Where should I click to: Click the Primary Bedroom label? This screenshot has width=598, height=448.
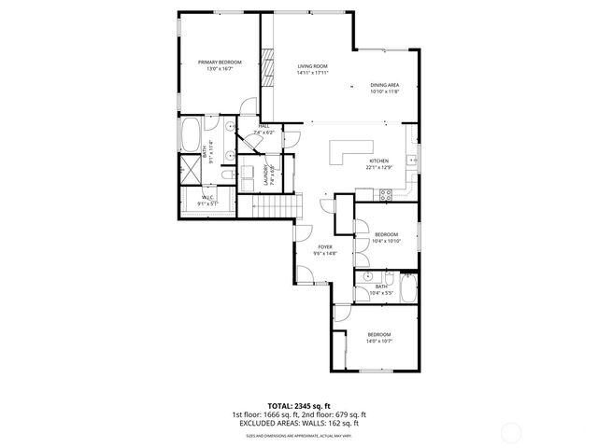point(220,62)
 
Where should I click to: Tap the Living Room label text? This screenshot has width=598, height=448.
point(312,66)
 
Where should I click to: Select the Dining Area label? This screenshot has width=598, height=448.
point(384,85)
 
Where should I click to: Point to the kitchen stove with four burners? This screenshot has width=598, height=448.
point(383,194)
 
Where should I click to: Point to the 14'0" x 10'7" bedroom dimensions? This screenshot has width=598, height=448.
point(378,341)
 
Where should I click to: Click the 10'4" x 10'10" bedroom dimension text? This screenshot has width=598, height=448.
point(386,241)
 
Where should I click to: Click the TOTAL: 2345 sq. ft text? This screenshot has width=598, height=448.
point(299,406)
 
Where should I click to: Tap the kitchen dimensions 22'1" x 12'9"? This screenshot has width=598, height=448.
point(378,167)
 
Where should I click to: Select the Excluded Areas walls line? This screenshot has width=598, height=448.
point(299,423)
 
